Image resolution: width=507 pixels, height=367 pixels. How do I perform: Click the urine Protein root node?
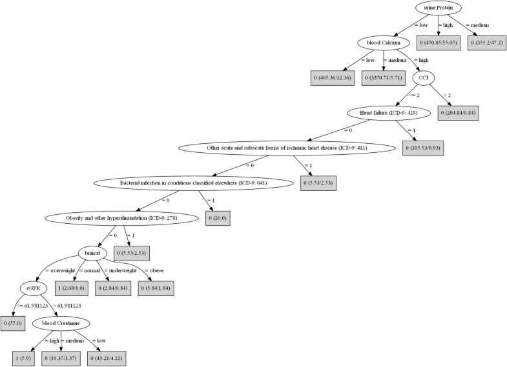tap(439, 8)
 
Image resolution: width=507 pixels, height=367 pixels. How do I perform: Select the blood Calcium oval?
tap(384, 43)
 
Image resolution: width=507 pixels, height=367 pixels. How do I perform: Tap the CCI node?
tap(424, 78)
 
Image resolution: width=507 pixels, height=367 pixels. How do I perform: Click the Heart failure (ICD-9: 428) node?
tap(384, 112)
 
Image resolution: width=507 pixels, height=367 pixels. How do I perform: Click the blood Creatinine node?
tap(63, 322)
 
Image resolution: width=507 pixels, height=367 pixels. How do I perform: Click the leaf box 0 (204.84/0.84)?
tap(459, 112)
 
